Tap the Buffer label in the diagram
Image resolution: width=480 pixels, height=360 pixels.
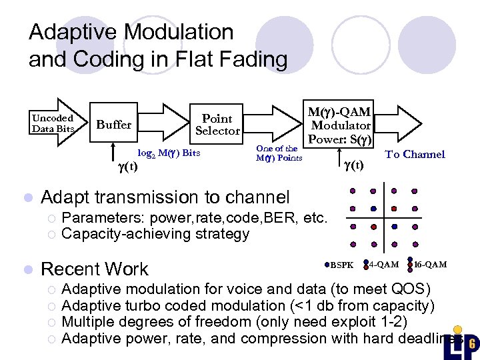pos(114,125)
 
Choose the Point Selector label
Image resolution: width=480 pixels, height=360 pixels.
pos(217,125)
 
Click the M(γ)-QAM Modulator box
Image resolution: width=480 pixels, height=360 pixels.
pos(341,125)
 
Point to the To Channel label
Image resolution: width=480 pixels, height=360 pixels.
pos(415,154)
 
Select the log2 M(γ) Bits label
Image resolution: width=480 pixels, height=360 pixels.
pos(169,153)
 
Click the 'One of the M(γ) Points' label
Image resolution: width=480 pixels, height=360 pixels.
pos(279,153)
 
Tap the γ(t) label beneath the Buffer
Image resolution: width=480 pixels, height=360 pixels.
pos(127,166)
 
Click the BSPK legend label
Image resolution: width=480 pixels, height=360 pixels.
pos(343,265)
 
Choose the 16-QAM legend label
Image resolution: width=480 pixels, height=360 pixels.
pos(431,265)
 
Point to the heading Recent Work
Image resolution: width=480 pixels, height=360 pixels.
pos(95,269)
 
